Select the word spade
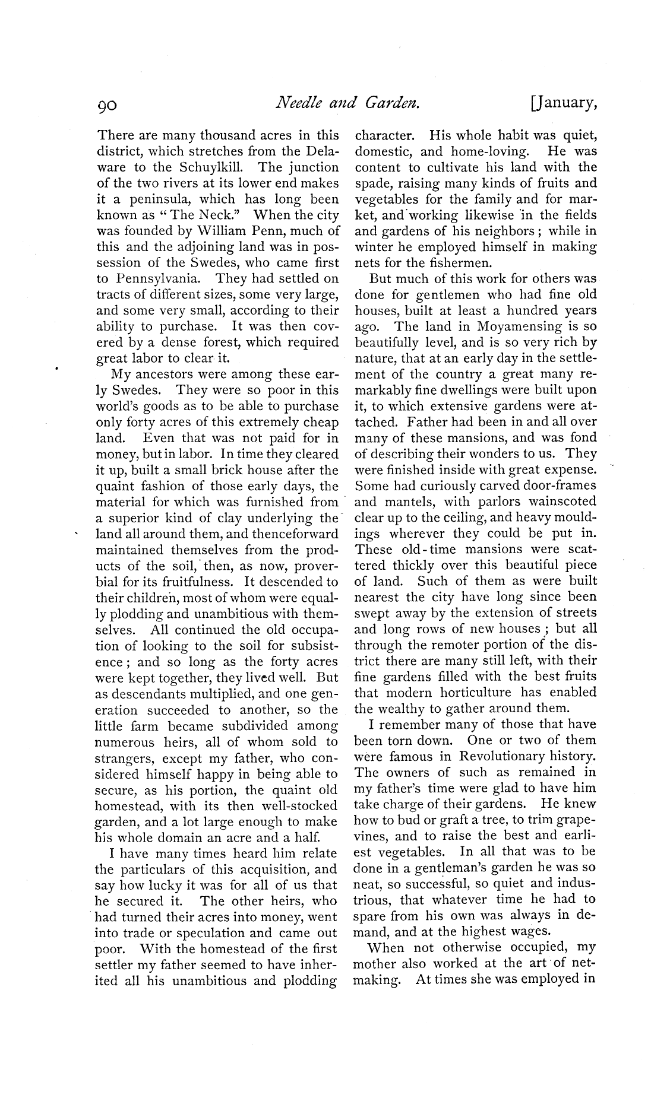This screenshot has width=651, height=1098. coord(372,183)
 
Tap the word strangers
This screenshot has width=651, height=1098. coord(124,759)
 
